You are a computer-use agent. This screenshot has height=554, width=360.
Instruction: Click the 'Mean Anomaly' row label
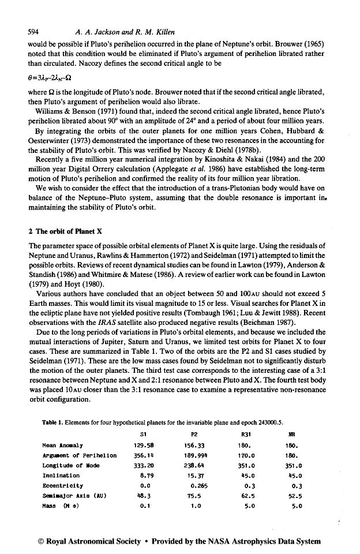[62, 446]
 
